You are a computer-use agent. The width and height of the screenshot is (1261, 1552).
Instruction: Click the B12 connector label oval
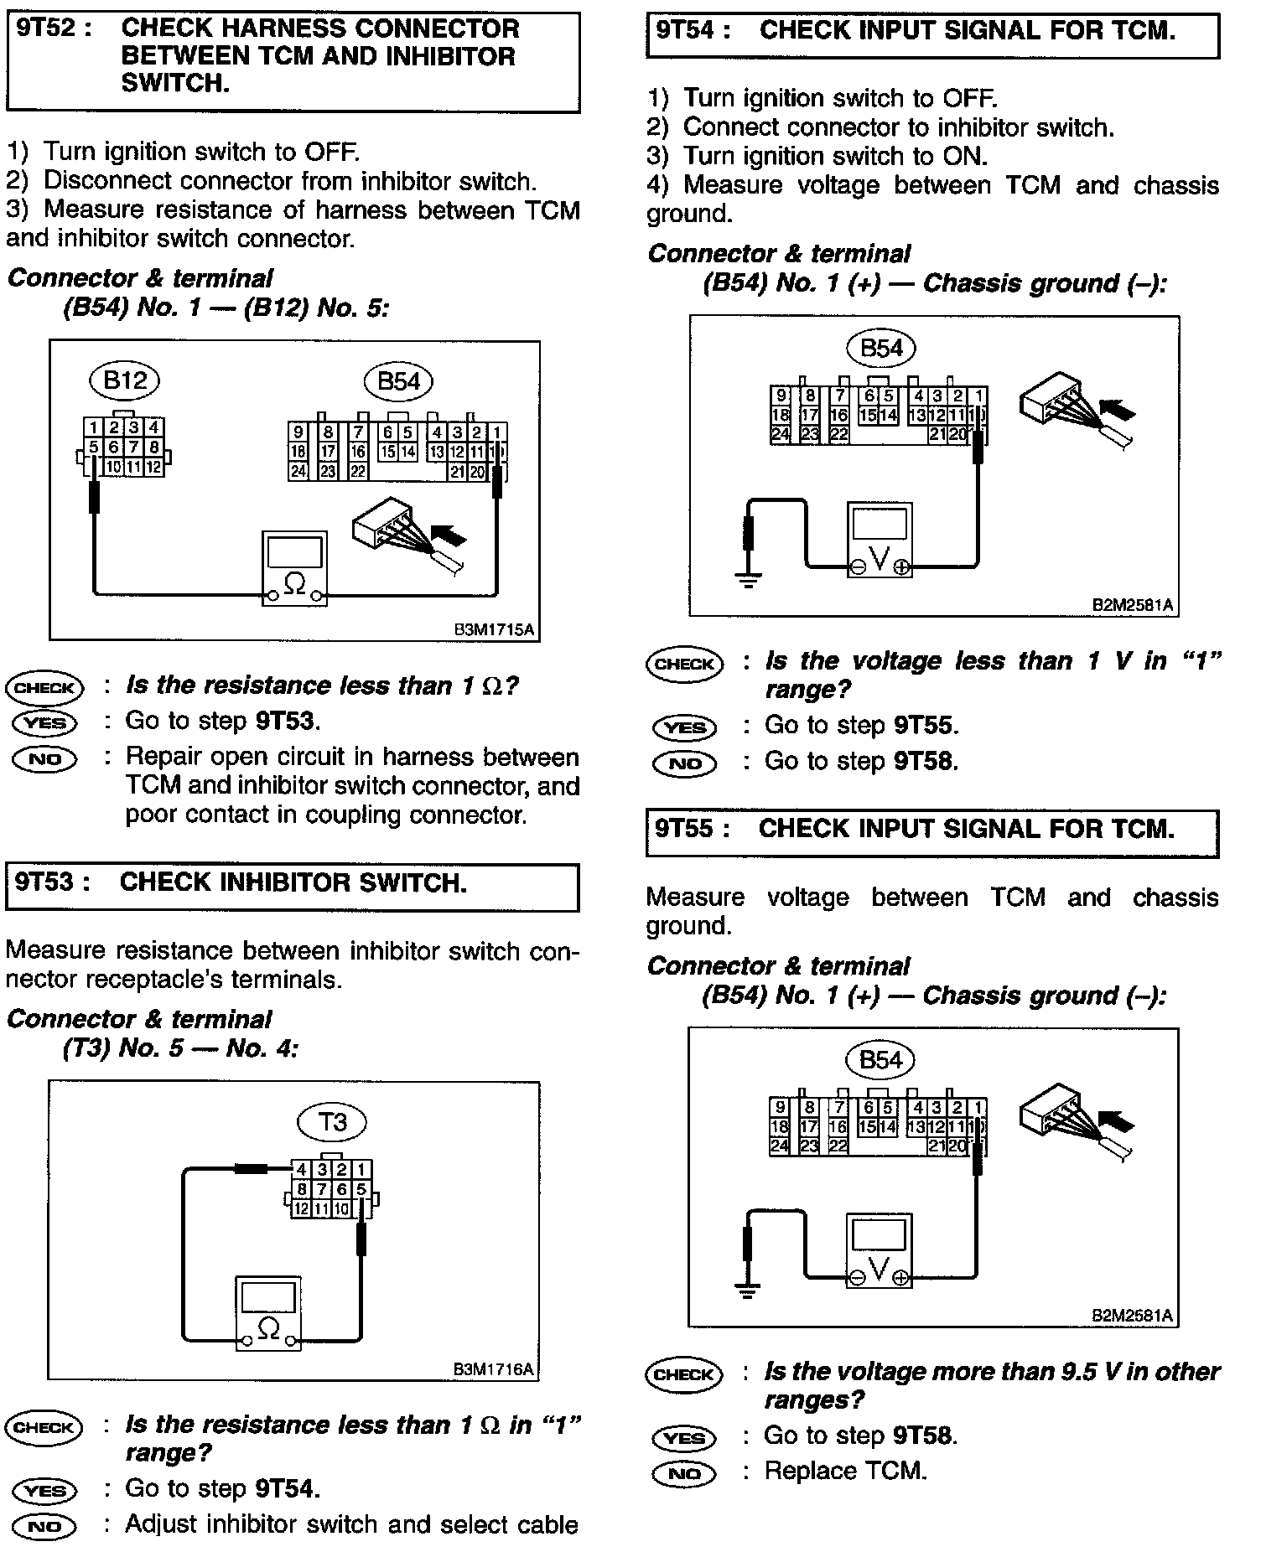124,381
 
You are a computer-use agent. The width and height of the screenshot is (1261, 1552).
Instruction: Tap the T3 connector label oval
333,1121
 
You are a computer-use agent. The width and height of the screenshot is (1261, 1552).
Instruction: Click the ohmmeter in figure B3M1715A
294,567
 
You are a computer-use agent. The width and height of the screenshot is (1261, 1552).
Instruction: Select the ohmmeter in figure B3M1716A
268,1313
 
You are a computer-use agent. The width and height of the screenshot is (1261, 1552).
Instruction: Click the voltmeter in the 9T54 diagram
880,540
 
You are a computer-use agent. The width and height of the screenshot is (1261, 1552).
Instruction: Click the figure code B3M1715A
494,629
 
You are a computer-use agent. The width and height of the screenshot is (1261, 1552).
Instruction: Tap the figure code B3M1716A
493,1369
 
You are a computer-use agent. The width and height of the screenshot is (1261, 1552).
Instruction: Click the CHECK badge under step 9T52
45,688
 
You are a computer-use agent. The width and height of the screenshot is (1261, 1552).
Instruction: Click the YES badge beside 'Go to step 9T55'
684,727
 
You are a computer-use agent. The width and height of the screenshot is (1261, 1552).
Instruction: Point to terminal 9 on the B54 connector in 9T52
298,432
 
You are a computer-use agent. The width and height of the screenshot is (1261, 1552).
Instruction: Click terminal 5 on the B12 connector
94,447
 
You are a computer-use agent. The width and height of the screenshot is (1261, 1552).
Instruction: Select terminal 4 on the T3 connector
300,1169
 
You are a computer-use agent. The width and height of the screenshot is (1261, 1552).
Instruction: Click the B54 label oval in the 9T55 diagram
880,1060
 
